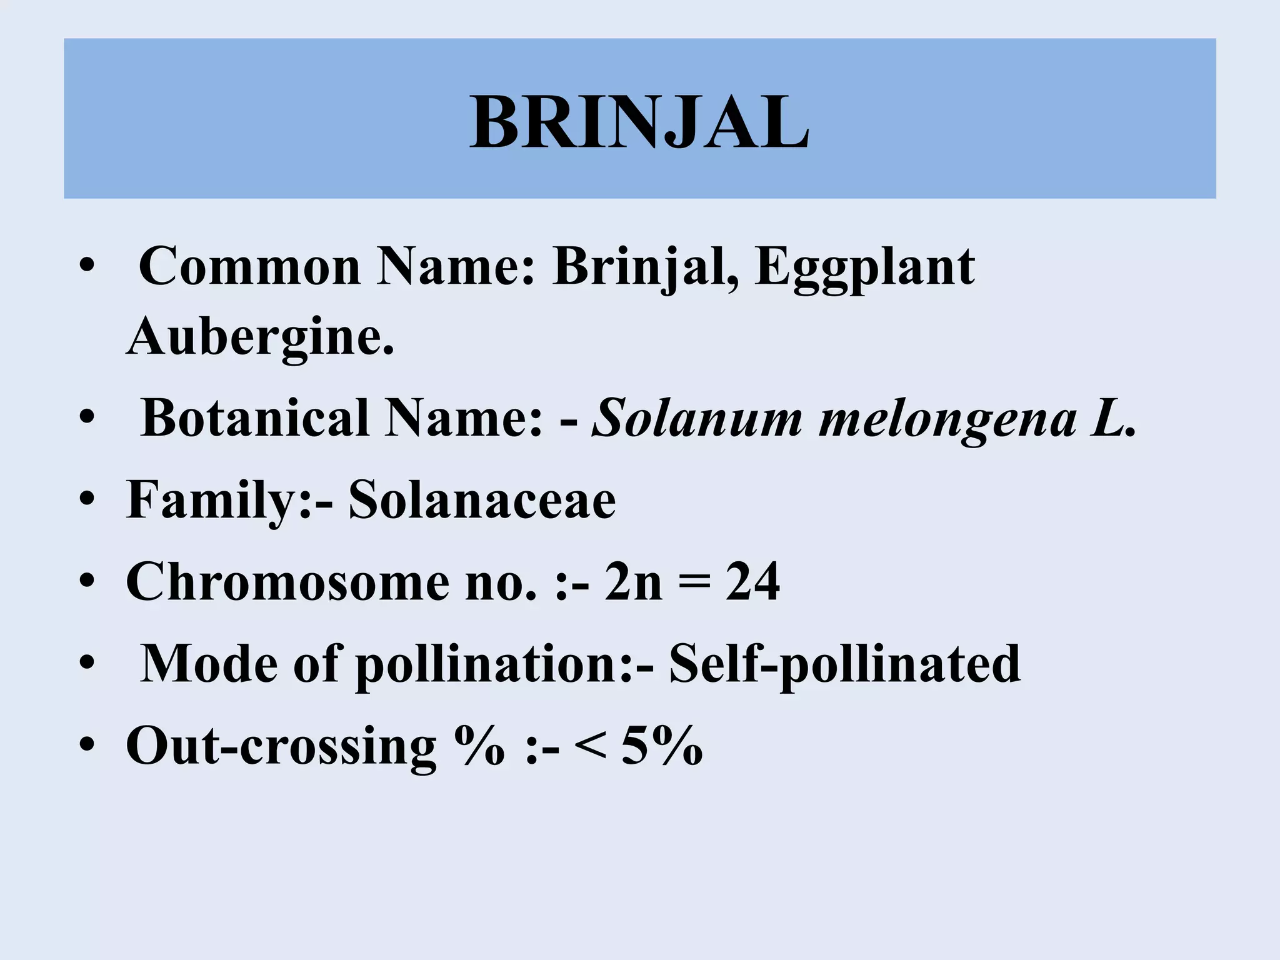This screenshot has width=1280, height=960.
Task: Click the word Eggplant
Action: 864,267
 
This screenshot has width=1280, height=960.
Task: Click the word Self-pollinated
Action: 845,664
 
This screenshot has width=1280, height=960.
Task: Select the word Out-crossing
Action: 281,746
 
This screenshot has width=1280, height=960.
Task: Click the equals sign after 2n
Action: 694,582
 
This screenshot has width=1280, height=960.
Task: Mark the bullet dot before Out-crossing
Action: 87,746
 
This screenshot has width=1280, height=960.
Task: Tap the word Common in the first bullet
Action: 249,267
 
